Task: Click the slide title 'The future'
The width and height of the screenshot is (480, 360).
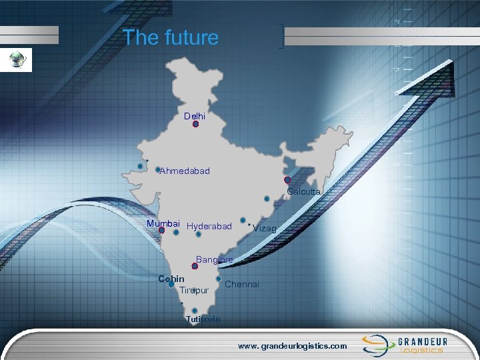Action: point(171,37)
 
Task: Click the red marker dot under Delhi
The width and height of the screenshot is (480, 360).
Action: point(195,124)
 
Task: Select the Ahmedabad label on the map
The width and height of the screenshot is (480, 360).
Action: point(185,171)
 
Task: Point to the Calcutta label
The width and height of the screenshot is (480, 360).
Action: point(304,192)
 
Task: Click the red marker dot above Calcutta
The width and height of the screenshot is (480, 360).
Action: point(287,180)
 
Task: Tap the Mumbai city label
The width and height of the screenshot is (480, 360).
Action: point(163,223)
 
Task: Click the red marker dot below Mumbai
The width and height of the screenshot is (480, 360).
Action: point(161,231)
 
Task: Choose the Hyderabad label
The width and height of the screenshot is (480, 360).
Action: point(209,227)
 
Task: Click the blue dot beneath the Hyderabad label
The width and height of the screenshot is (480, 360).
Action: point(199,234)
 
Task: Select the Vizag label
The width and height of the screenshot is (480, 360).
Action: point(265,229)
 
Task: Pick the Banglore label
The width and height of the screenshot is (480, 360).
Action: point(215,259)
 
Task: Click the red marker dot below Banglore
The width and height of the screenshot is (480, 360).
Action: point(185,265)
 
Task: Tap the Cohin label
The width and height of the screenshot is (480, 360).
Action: point(171,278)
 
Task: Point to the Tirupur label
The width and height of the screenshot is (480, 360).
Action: point(194,290)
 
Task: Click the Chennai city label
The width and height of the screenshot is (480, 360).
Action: point(243,285)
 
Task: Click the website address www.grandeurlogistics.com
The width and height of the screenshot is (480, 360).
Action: point(293,346)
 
